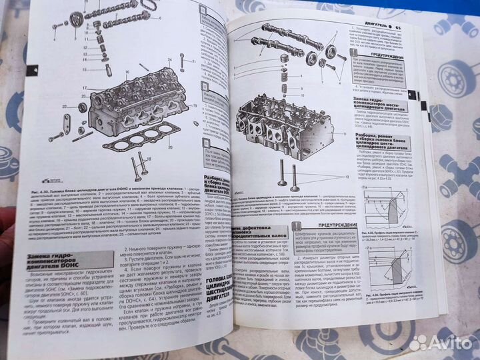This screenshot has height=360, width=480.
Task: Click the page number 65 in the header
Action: point(397,28)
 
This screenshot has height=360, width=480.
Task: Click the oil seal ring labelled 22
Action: point(82,107)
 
